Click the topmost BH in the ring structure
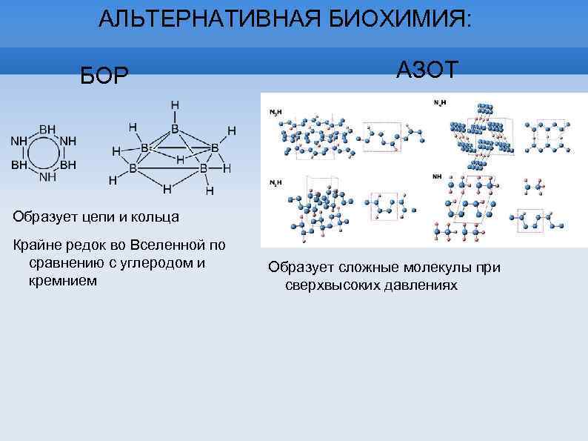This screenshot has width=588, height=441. pos(47,129)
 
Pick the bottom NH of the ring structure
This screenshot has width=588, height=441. pos(47,176)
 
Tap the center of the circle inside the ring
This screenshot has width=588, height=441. pos(47,153)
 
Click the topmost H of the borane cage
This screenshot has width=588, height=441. pos(175,105)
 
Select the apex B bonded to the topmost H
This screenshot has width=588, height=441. pos(175,129)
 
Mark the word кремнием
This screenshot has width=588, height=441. pos(63,281)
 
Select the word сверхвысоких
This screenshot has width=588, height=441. pos(331,285)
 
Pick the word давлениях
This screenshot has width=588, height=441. pos(418,285)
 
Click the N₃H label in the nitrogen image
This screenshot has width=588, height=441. pos(275,111)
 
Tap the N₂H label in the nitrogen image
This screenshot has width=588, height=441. pos(439,102)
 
